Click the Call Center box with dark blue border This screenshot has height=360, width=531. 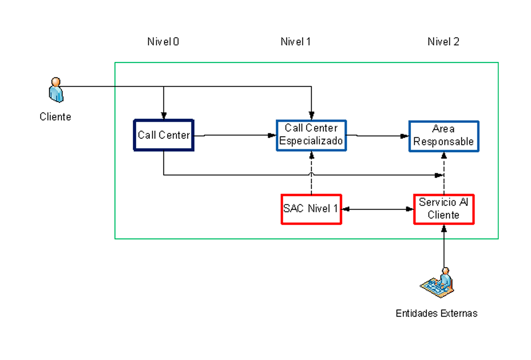164,135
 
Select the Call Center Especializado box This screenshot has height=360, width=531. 311,135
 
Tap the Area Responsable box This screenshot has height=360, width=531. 443,136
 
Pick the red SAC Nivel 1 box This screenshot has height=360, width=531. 311,209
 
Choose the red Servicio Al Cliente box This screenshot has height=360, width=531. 443,209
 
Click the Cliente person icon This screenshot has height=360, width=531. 56,90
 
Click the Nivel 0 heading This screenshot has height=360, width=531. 163,42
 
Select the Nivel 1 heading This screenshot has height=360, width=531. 296,42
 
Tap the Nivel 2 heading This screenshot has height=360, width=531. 443,42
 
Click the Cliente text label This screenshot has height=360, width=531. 55,117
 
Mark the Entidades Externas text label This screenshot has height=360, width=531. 436,313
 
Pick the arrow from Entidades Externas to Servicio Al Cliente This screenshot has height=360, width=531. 444,248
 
